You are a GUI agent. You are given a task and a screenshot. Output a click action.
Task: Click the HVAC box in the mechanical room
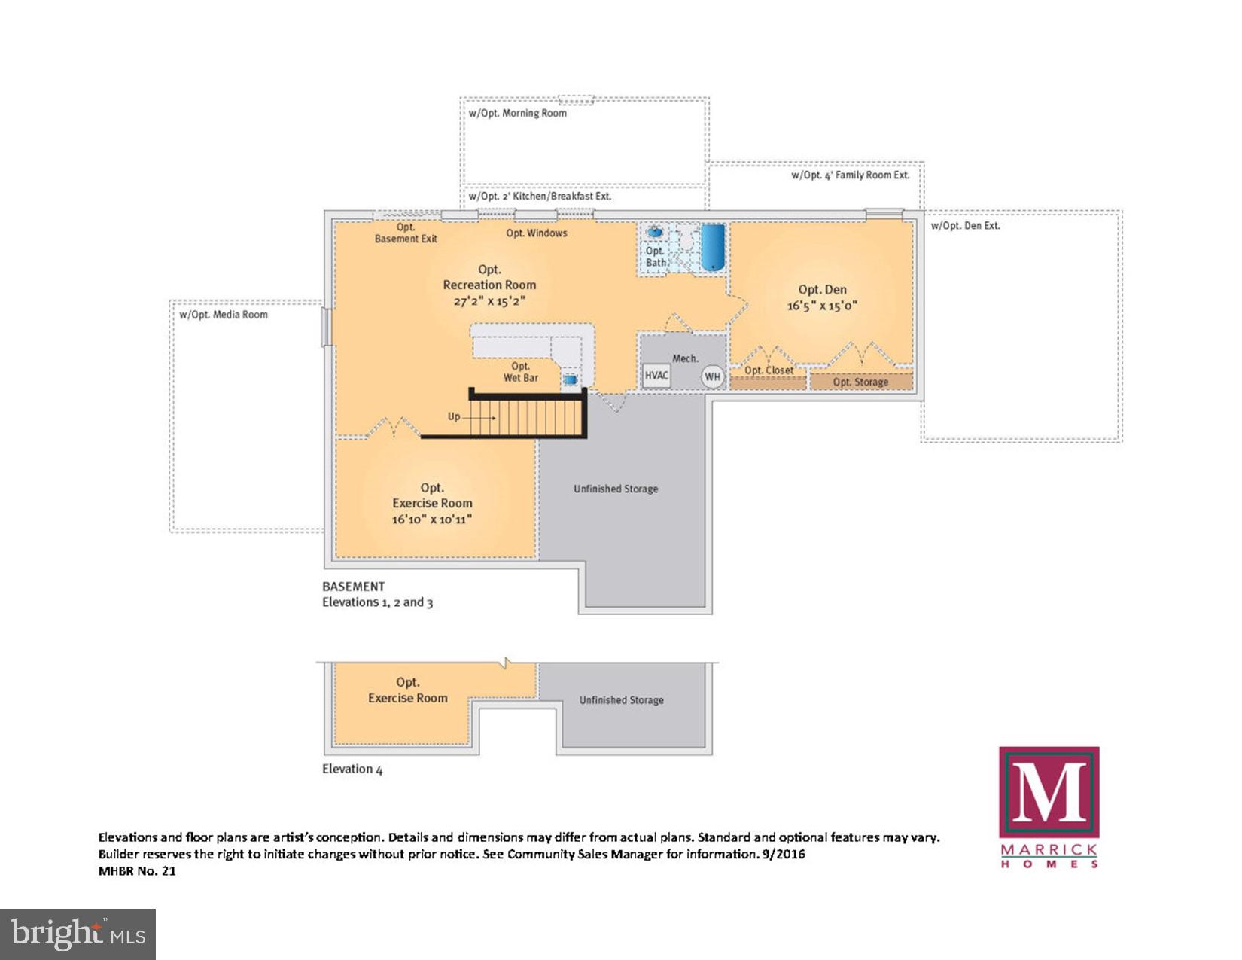(x=656, y=376)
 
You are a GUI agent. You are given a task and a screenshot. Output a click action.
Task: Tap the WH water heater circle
(x=712, y=376)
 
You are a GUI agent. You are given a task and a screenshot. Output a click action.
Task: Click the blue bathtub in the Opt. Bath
(x=712, y=246)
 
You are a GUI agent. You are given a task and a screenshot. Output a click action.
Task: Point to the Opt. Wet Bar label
(x=521, y=372)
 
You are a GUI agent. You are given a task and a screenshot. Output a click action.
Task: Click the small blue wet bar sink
(x=570, y=380)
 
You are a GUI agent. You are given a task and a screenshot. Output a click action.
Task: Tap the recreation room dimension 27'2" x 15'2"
(x=489, y=301)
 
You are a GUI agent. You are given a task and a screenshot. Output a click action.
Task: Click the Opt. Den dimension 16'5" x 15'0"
(x=822, y=306)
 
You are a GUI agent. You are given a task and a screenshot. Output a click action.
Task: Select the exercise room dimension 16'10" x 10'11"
(x=431, y=519)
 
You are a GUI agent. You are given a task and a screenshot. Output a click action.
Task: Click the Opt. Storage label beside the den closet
(x=860, y=382)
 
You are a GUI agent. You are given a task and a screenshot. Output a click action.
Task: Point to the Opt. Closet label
(x=769, y=370)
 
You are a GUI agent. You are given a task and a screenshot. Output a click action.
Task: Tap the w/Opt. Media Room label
(x=224, y=315)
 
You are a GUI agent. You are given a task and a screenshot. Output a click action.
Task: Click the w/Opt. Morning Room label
(x=518, y=114)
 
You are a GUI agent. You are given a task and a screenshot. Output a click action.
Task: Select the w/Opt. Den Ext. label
(x=965, y=226)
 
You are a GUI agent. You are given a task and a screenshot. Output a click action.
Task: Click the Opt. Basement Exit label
(x=406, y=233)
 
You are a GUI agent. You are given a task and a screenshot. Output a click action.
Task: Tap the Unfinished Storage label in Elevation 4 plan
(x=621, y=700)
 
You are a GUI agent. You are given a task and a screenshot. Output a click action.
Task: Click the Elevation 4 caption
(x=352, y=769)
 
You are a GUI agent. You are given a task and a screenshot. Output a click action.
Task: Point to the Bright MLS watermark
(x=78, y=934)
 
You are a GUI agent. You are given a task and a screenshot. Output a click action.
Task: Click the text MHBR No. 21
(x=137, y=871)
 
